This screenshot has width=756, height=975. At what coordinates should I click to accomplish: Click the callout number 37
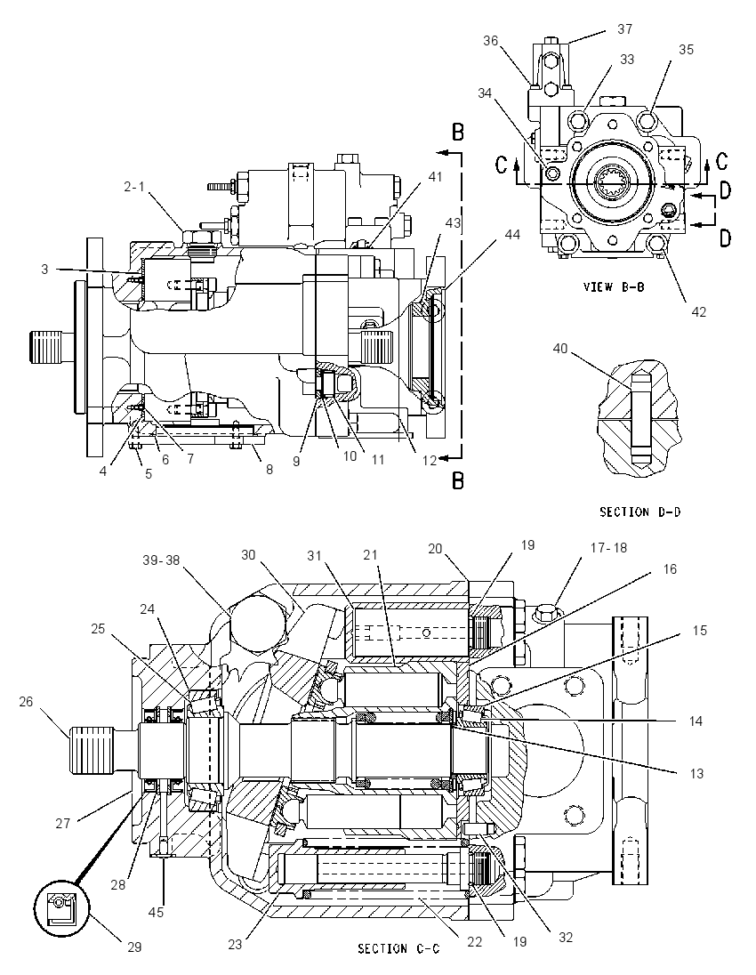point(624,29)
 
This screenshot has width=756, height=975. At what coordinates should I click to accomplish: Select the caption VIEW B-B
point(613,287)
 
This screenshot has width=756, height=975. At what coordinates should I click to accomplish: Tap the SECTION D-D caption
point(639,512)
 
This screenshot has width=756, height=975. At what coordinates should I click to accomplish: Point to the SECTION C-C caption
point(398,948)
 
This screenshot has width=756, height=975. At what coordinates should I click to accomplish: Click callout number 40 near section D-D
point(561,348)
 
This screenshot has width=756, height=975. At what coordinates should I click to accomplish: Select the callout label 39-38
point(160,560)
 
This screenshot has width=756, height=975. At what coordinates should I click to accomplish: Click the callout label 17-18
point(608,548)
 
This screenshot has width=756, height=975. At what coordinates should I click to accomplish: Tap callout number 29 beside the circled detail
point(134,947)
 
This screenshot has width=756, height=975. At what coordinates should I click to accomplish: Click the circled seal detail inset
point(61,906)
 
